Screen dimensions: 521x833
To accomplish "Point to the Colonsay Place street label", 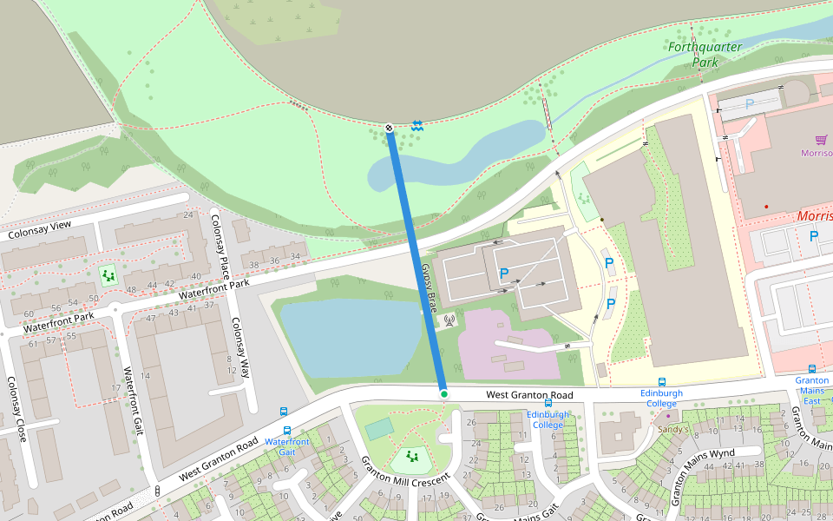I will (220, 242).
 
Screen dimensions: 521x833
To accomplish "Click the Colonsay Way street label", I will (240, 346).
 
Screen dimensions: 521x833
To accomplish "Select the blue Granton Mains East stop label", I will (811, 390).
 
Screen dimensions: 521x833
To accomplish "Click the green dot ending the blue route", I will (443, 394).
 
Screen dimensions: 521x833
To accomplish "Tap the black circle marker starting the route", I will (389, 129).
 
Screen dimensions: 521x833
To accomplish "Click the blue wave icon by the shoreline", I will (417, 125).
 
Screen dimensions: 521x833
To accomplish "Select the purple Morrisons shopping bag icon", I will (820, 140).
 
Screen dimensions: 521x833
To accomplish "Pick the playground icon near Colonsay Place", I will (108, 275).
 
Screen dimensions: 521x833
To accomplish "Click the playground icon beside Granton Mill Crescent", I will (411, 456).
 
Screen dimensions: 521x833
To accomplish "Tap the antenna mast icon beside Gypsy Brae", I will (449, 320).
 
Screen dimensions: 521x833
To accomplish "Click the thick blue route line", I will (416, 260).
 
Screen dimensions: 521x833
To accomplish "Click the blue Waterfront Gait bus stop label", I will (287, 446).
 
